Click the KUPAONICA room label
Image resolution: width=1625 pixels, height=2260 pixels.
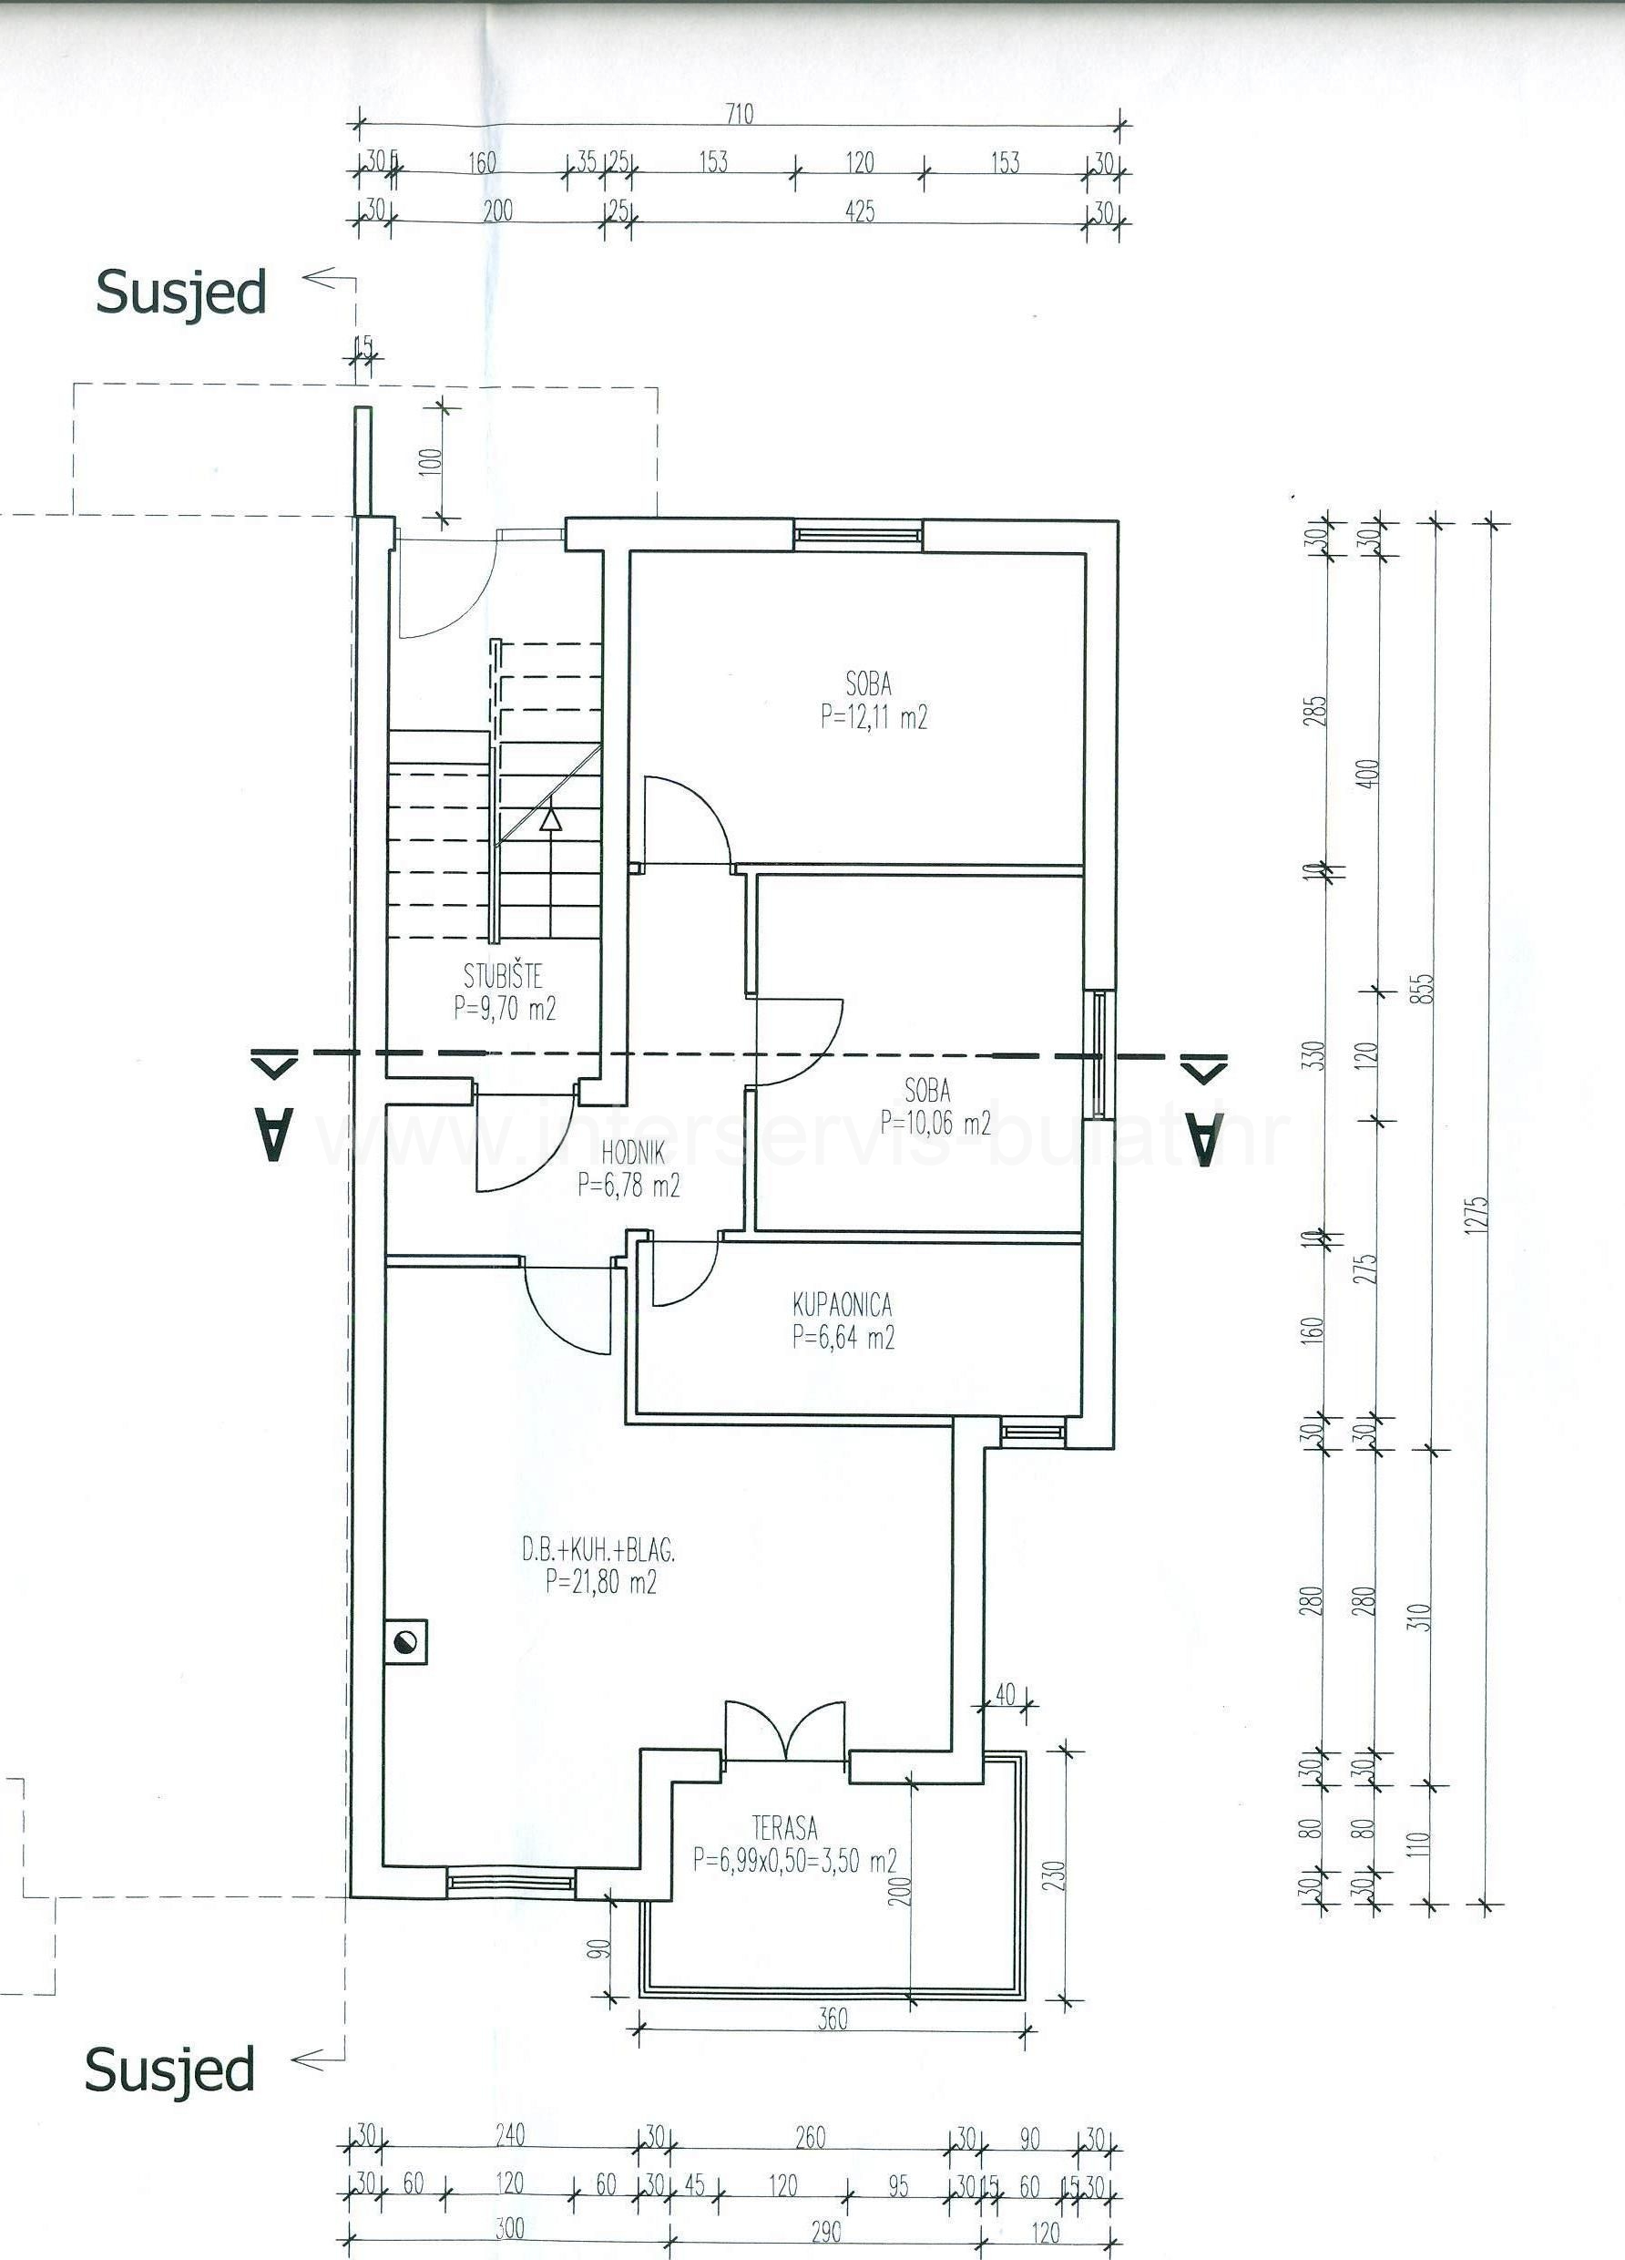pos(842,1303)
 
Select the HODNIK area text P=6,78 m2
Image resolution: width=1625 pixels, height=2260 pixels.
pos(629,1186)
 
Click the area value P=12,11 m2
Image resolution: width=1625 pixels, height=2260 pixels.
pos(874,717)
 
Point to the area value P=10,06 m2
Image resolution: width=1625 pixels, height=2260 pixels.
pos(935,1123)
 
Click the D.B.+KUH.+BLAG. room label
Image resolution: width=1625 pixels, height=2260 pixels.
pos(599,1549)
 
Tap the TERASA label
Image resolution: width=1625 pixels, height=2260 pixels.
pos(785,1827)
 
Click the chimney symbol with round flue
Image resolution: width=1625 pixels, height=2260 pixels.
pos(406,1643)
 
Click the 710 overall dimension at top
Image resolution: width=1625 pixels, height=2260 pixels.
pos(740,114)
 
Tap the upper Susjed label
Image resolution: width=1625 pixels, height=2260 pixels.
pos(181,293)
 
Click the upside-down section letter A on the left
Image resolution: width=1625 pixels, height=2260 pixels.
pos(275,1136)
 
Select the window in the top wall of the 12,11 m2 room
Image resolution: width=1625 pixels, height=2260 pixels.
pos(857,535)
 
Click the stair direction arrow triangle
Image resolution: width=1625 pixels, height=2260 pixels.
pos(550,820)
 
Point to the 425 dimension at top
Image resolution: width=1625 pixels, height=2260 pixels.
pos(859,211)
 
